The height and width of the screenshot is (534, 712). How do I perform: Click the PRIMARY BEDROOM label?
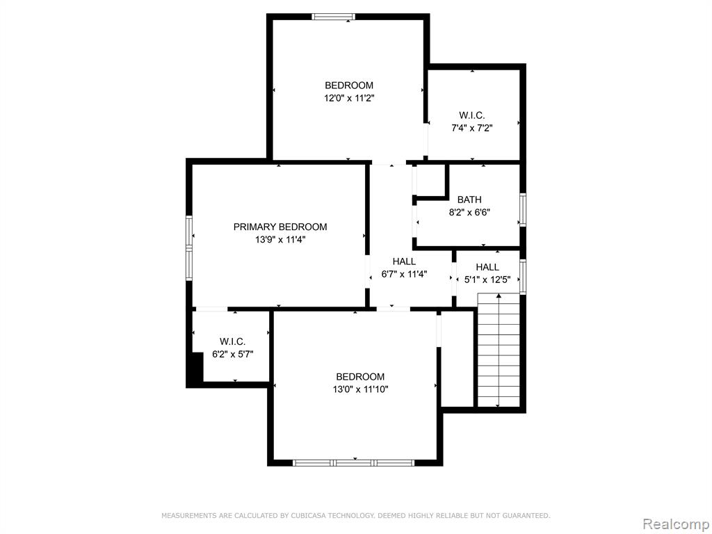tap(280, 227)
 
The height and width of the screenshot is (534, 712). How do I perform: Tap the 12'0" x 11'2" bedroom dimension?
tap(349, 97)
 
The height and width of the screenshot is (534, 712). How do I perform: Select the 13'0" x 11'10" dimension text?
tap(361, 389)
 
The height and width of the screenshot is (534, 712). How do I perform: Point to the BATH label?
tap(469, 200)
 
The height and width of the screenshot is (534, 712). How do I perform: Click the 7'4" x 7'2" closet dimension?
tap(472, 128)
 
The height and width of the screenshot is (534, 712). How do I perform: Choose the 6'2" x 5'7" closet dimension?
tap(233, 354)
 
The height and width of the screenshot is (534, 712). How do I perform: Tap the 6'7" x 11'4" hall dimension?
tap(404, 274)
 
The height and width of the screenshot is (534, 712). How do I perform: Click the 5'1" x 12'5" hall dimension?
tap(487, 280)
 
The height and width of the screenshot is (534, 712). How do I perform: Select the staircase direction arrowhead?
tap(499, 296)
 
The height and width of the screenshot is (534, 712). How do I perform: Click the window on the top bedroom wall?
tap(334, 17)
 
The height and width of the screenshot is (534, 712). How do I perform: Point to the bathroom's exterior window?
tap(523, 210)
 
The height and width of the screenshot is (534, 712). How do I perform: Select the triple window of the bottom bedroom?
tap(353, 462)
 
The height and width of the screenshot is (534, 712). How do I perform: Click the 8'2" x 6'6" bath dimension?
tap(469, 212)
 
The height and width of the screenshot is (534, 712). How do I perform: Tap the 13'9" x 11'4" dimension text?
tap(280, 239)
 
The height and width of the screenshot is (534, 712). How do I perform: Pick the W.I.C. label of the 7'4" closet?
tap(472, 115)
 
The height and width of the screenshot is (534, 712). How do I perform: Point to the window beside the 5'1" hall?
tap(523, 276)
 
